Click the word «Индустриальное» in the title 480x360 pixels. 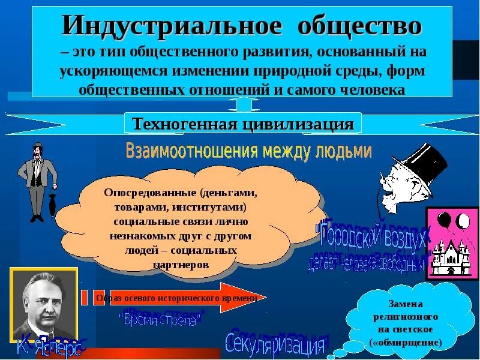coord(171,26)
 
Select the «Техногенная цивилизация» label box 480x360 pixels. coord(242,124)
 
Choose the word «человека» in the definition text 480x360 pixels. coord(371,89)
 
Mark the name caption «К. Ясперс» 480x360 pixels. coord(50,347)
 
